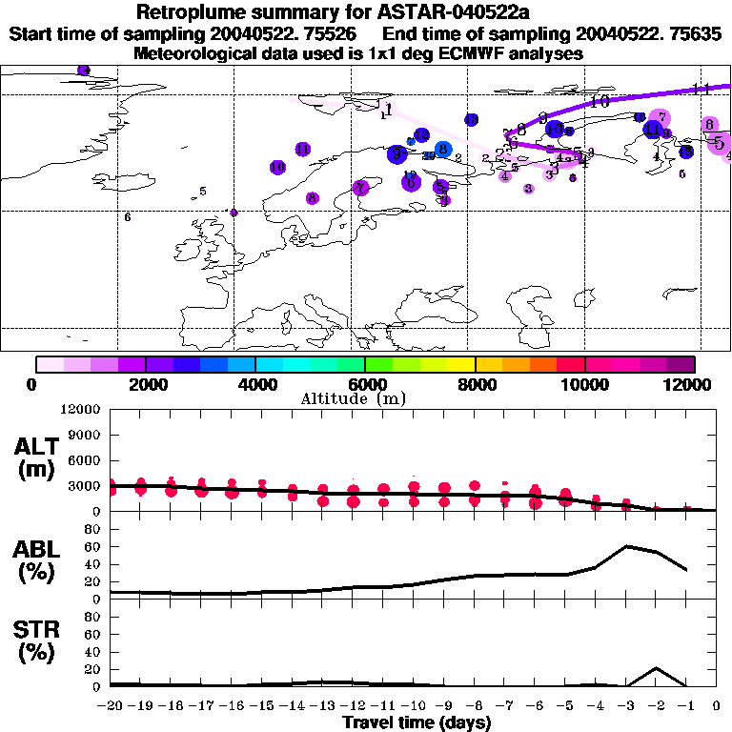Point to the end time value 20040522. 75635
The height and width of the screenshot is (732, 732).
pos(663,34)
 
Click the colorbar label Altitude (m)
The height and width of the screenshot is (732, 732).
pos(368,397)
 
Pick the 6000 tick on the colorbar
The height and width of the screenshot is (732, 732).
pos(365,384)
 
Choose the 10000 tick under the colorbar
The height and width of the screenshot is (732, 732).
pos(584,384)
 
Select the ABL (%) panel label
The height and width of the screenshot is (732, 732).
pos(36,559)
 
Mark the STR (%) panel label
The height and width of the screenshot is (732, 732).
pos(36,641)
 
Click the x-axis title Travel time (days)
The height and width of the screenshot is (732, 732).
pos(417,723)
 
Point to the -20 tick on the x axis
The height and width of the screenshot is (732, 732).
pos(111,706)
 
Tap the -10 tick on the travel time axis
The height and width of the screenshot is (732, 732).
pos(414,706)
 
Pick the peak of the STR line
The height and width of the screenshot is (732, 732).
pos(656,668)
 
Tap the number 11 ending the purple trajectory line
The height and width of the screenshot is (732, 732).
pos(702,89)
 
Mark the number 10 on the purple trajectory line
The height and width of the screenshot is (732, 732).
pos(600,101)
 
